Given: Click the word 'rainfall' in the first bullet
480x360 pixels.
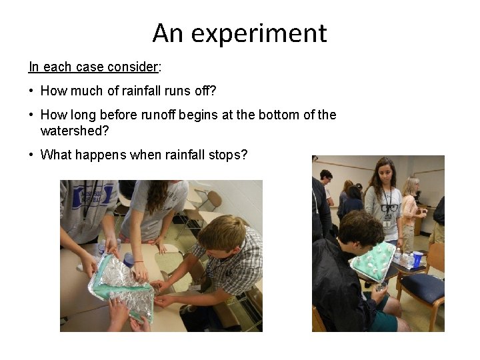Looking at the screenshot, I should pyautogui.click(x=145, y=91).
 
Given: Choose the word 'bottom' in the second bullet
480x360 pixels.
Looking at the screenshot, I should pyautogui.click(x=273, y=115).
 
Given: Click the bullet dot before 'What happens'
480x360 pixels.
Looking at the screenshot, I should pyautogui.click(x=31, y=155).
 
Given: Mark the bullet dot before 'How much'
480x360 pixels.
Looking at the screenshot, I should pyautogui.click(x=31, y=91).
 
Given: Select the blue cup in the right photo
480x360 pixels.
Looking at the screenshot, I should pyautogui.click(x=417, y=259).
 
